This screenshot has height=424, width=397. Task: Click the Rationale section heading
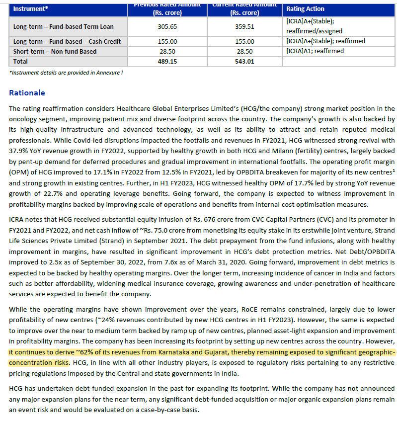click(27, 93)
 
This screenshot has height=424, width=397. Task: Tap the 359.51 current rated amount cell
click(244, 27)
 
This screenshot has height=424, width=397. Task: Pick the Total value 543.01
click(244, 62)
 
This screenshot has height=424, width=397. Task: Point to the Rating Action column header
click(306, 9)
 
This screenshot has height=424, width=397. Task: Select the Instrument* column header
click(31, 9)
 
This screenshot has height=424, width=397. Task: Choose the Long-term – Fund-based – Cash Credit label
click(67, 42)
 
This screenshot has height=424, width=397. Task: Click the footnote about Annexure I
click(66, 73)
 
